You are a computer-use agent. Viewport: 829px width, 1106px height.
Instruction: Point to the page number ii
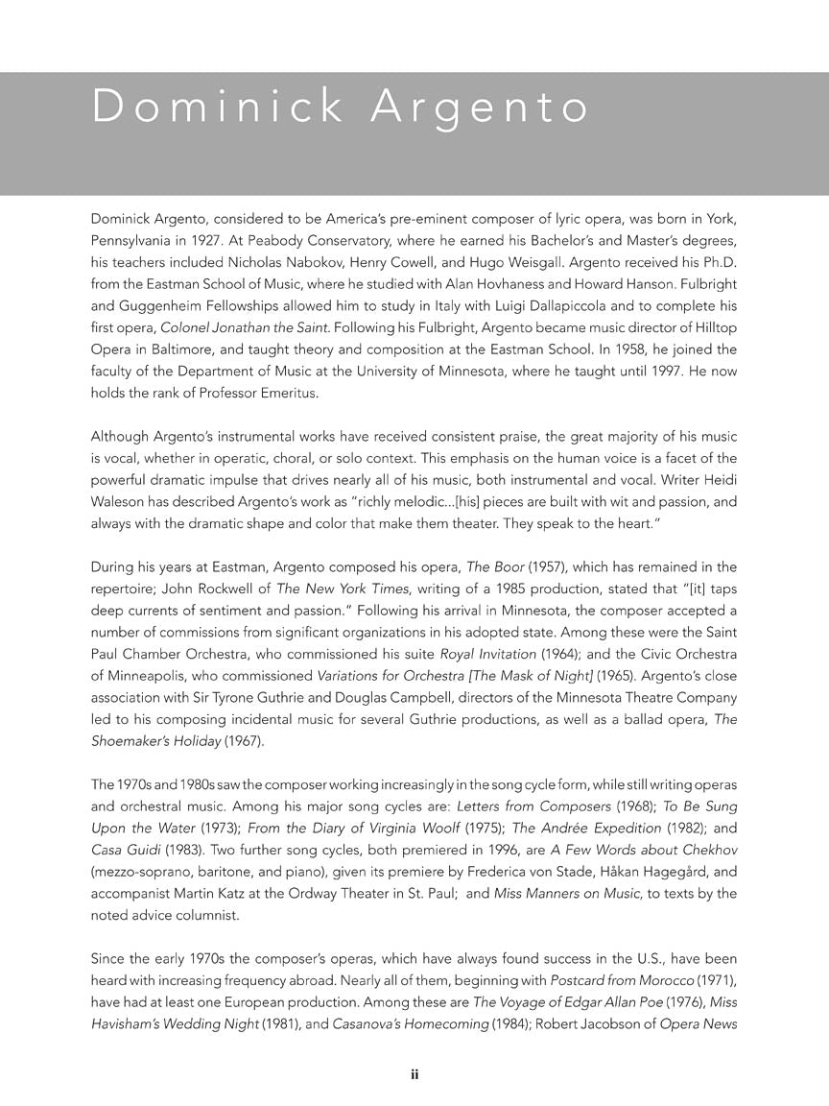click(414, 1075)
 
